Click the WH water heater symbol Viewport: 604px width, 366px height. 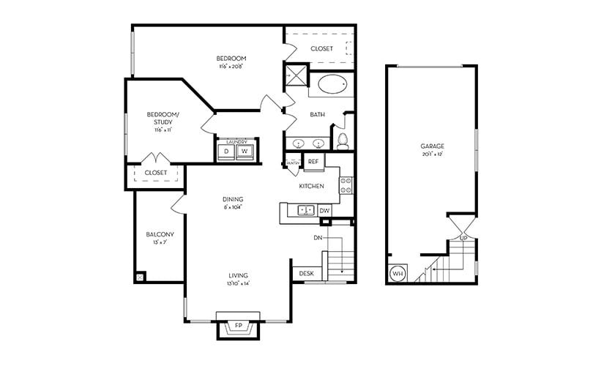coord(398,274)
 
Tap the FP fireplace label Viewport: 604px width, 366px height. coord(239,324)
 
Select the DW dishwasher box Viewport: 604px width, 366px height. coord(325,211)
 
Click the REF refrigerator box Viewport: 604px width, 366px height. coord(313,161)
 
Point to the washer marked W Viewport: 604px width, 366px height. coord(245,152)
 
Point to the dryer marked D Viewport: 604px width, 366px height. coord(226,152)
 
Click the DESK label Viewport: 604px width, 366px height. coord(306,274)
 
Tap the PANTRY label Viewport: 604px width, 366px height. coord(291,162)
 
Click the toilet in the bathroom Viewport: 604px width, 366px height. coord(342,140)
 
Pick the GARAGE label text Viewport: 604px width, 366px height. coord(433,146)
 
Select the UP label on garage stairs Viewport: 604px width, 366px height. coord(463,238)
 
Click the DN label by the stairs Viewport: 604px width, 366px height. coord(318,237)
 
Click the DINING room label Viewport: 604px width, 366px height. coord(233,199)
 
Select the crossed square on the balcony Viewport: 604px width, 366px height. coord(141,277)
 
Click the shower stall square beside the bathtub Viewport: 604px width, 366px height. coord(296,75)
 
